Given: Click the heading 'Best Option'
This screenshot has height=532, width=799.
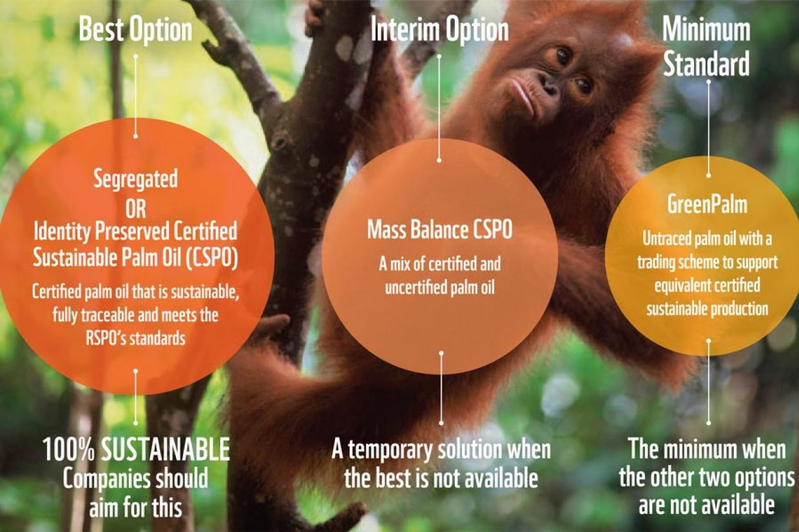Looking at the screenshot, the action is [135, 30].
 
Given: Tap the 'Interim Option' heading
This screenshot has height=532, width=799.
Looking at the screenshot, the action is [439, 30].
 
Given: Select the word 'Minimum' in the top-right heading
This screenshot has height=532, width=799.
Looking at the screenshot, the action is [706, 30].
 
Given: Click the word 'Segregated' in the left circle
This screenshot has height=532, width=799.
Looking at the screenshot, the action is [135, 179].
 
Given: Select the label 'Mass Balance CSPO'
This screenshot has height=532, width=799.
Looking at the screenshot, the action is [439, 230].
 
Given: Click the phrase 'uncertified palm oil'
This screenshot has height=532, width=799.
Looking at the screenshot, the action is [439, 287].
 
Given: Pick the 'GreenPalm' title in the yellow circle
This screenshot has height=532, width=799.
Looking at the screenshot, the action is [708, 204].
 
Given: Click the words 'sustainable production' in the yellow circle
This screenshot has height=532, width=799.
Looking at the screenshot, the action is [708, 309].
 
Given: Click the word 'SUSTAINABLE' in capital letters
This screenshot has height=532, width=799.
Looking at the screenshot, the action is [166, 450].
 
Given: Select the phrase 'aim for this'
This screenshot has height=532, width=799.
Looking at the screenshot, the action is [135, 506].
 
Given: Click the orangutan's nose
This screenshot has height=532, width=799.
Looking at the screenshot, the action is [548, 85].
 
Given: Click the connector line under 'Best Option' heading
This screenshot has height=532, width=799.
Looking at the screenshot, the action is [135, 96].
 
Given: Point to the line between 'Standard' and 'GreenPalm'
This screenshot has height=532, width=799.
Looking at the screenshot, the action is [708, 129].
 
